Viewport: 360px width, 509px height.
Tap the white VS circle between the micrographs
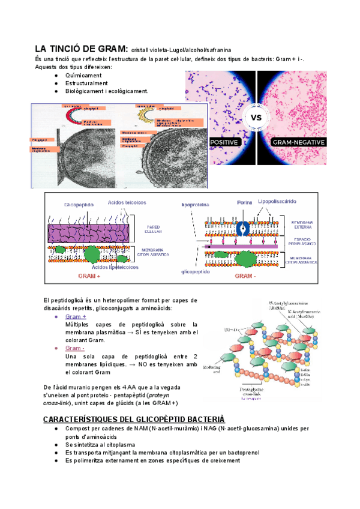pos(257,117)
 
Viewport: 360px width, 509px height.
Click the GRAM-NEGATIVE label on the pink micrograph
pos(298,142)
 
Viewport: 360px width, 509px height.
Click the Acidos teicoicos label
pos(127,202)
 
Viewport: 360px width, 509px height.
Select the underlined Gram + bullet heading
pos(76,316)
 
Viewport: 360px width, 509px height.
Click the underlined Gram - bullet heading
pos(75,348)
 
